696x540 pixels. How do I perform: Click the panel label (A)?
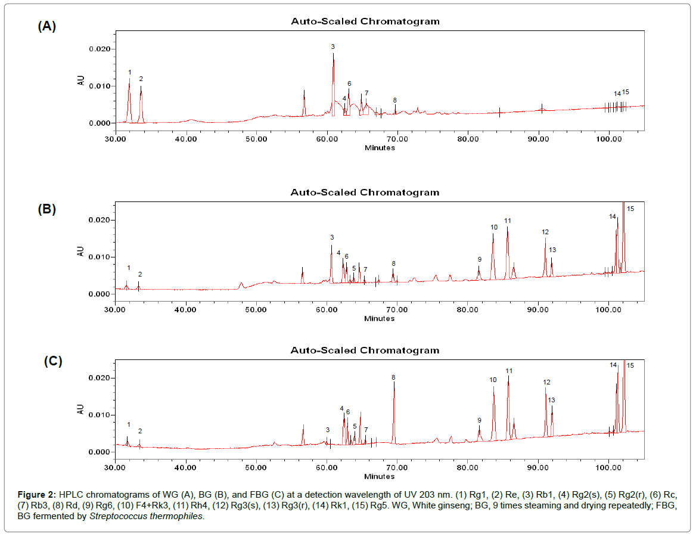click(46, 26)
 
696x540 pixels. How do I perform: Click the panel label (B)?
click(46, 209)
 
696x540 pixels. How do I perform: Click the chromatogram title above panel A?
click(365, 21)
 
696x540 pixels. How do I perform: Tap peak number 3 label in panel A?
click(333, 46)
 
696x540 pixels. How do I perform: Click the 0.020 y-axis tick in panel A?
click(100, 49)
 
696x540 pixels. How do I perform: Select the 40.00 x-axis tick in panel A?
click(186, 139)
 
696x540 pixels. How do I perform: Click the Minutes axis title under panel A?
click(380, 148)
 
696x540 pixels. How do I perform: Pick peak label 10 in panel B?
click(494, 227)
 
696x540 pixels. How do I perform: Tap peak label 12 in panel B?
click(545, 232)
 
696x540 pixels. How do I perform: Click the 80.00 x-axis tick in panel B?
click(467, 311)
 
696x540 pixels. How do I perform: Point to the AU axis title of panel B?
click(81, 252)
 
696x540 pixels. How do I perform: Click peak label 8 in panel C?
click(393, 377)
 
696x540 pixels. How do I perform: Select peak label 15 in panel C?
click(630, 365)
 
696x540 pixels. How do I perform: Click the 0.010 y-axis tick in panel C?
click(100, 415)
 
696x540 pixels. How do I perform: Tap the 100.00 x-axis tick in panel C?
click(608, 468)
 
